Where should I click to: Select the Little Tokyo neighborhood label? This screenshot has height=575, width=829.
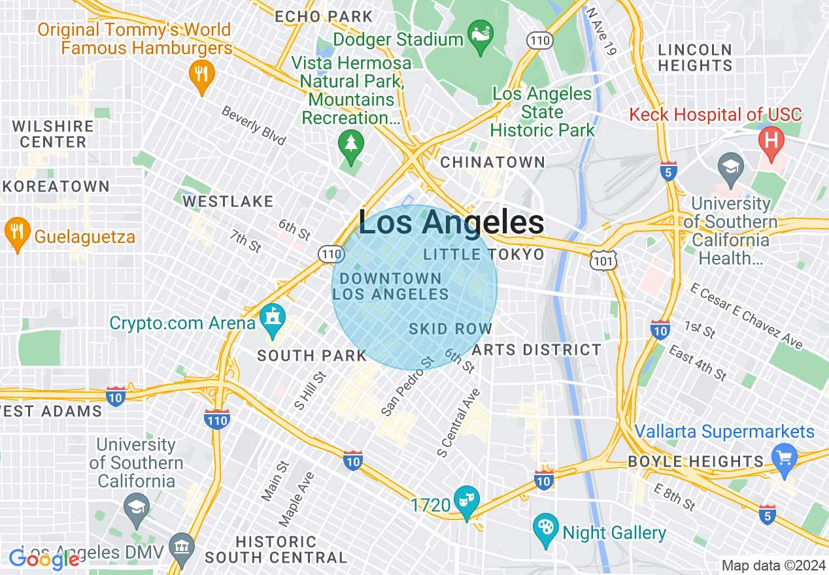pyautogui.click(x=484, y=254)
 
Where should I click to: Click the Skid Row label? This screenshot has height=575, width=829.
pyautogui.click(x=450, y=329)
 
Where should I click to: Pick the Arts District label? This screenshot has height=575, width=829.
pyautogui.click(x=536, y=350)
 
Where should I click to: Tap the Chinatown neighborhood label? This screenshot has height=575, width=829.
pyautogui.click(x=493, y=162)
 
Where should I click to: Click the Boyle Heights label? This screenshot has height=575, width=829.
pyautogui.click(x=696, y=461)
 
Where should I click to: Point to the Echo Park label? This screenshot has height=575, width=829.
pyautogui.click(x=324, y=16)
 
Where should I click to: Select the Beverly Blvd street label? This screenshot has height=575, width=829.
pyautogui.click(x=254, y=125)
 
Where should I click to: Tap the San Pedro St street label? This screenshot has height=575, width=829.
pyautogui.click(x=407, y=386)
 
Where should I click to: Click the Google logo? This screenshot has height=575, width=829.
pyautogui.click(x=44, y=559)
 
